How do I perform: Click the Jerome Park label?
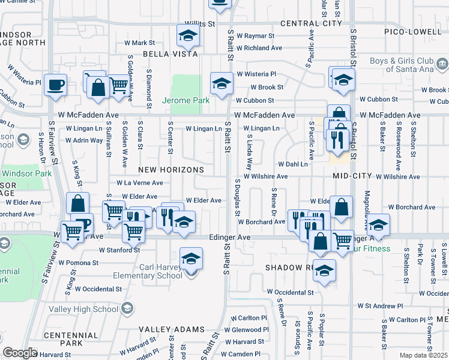186,100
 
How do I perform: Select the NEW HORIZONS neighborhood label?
172,170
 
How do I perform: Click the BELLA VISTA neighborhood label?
170,54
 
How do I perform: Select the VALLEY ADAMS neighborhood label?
172,329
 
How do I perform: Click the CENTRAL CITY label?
311,24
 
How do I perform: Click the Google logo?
20,353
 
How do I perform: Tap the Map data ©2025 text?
423,355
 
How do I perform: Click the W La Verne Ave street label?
139,182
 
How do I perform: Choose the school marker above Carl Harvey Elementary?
191,259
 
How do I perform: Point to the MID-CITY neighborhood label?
349,176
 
